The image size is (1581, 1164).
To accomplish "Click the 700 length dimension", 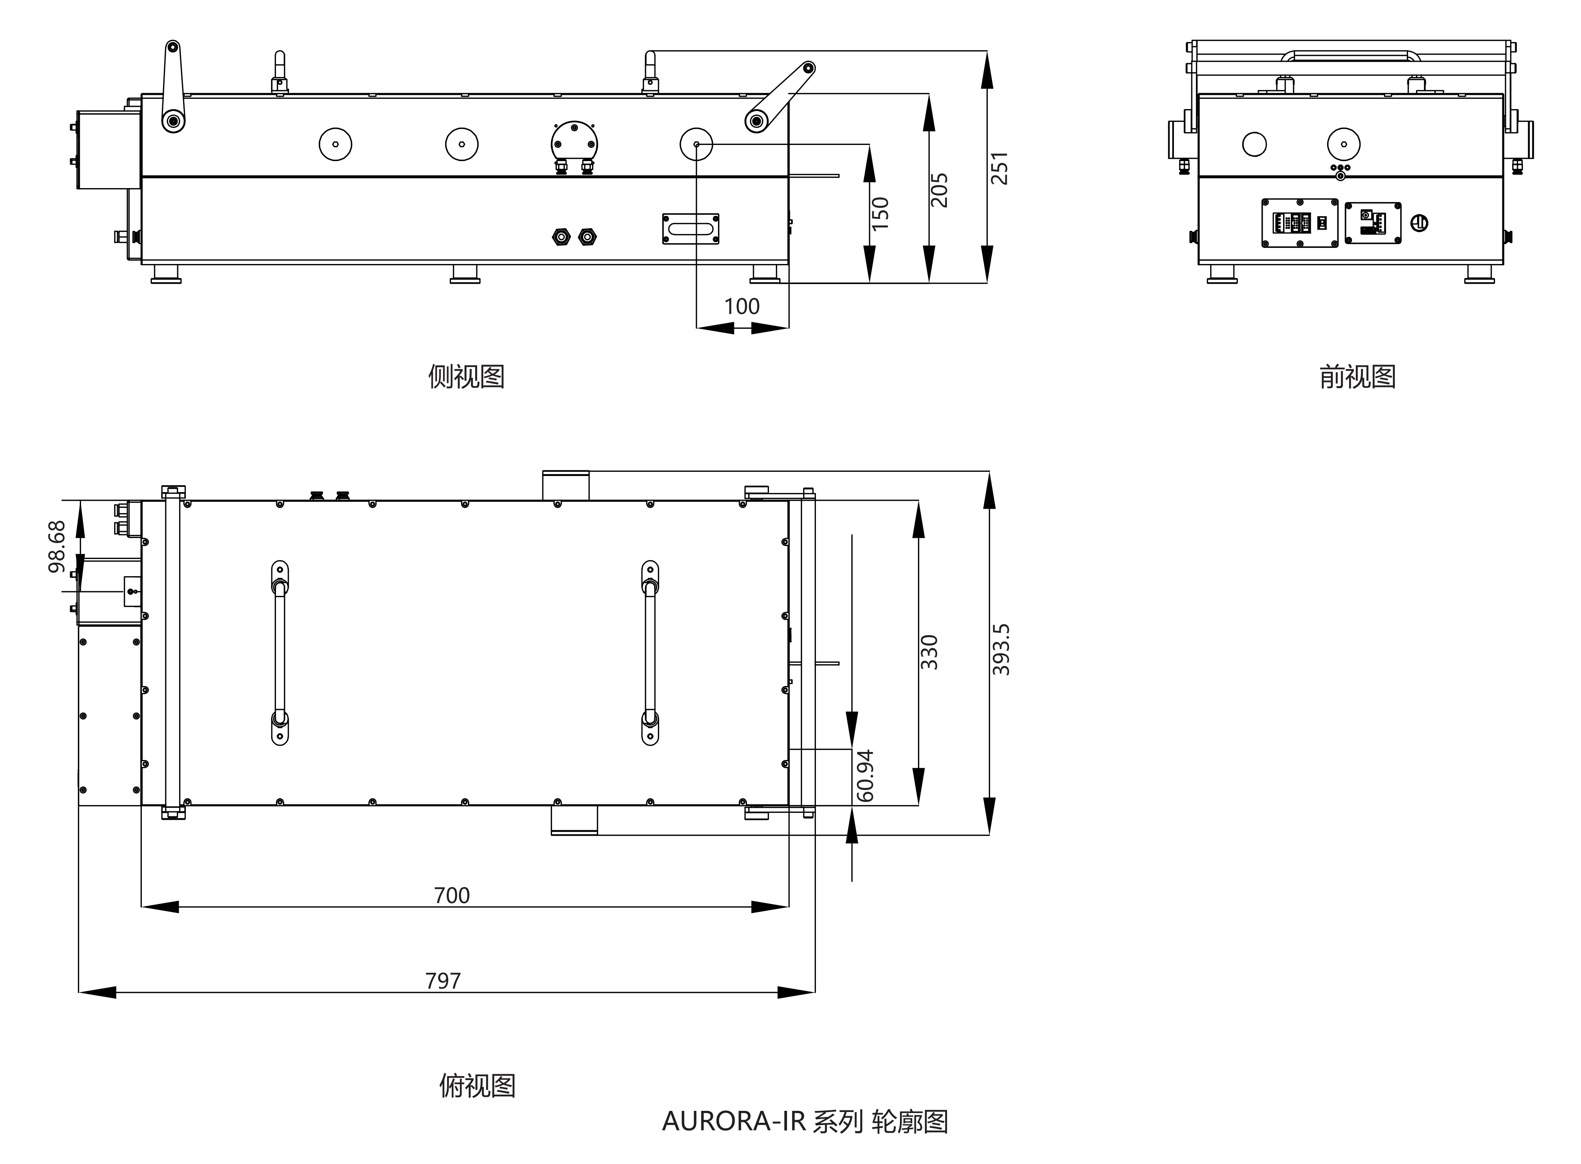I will click(452, 895).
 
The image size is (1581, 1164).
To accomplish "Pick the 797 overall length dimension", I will click(442, 981).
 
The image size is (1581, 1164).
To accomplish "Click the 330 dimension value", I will click(929, 652).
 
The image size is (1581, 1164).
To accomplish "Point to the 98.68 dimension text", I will click(56, 546).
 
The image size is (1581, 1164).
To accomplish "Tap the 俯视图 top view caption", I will click(477, 1086).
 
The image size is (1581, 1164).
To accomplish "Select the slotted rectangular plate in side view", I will click(690, 229).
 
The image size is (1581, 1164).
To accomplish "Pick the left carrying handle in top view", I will click(280, 653).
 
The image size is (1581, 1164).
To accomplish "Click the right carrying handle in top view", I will click(649, 653).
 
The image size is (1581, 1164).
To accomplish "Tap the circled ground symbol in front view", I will click(1420, 224).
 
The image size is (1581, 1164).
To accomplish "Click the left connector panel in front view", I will click(1299, 223).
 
